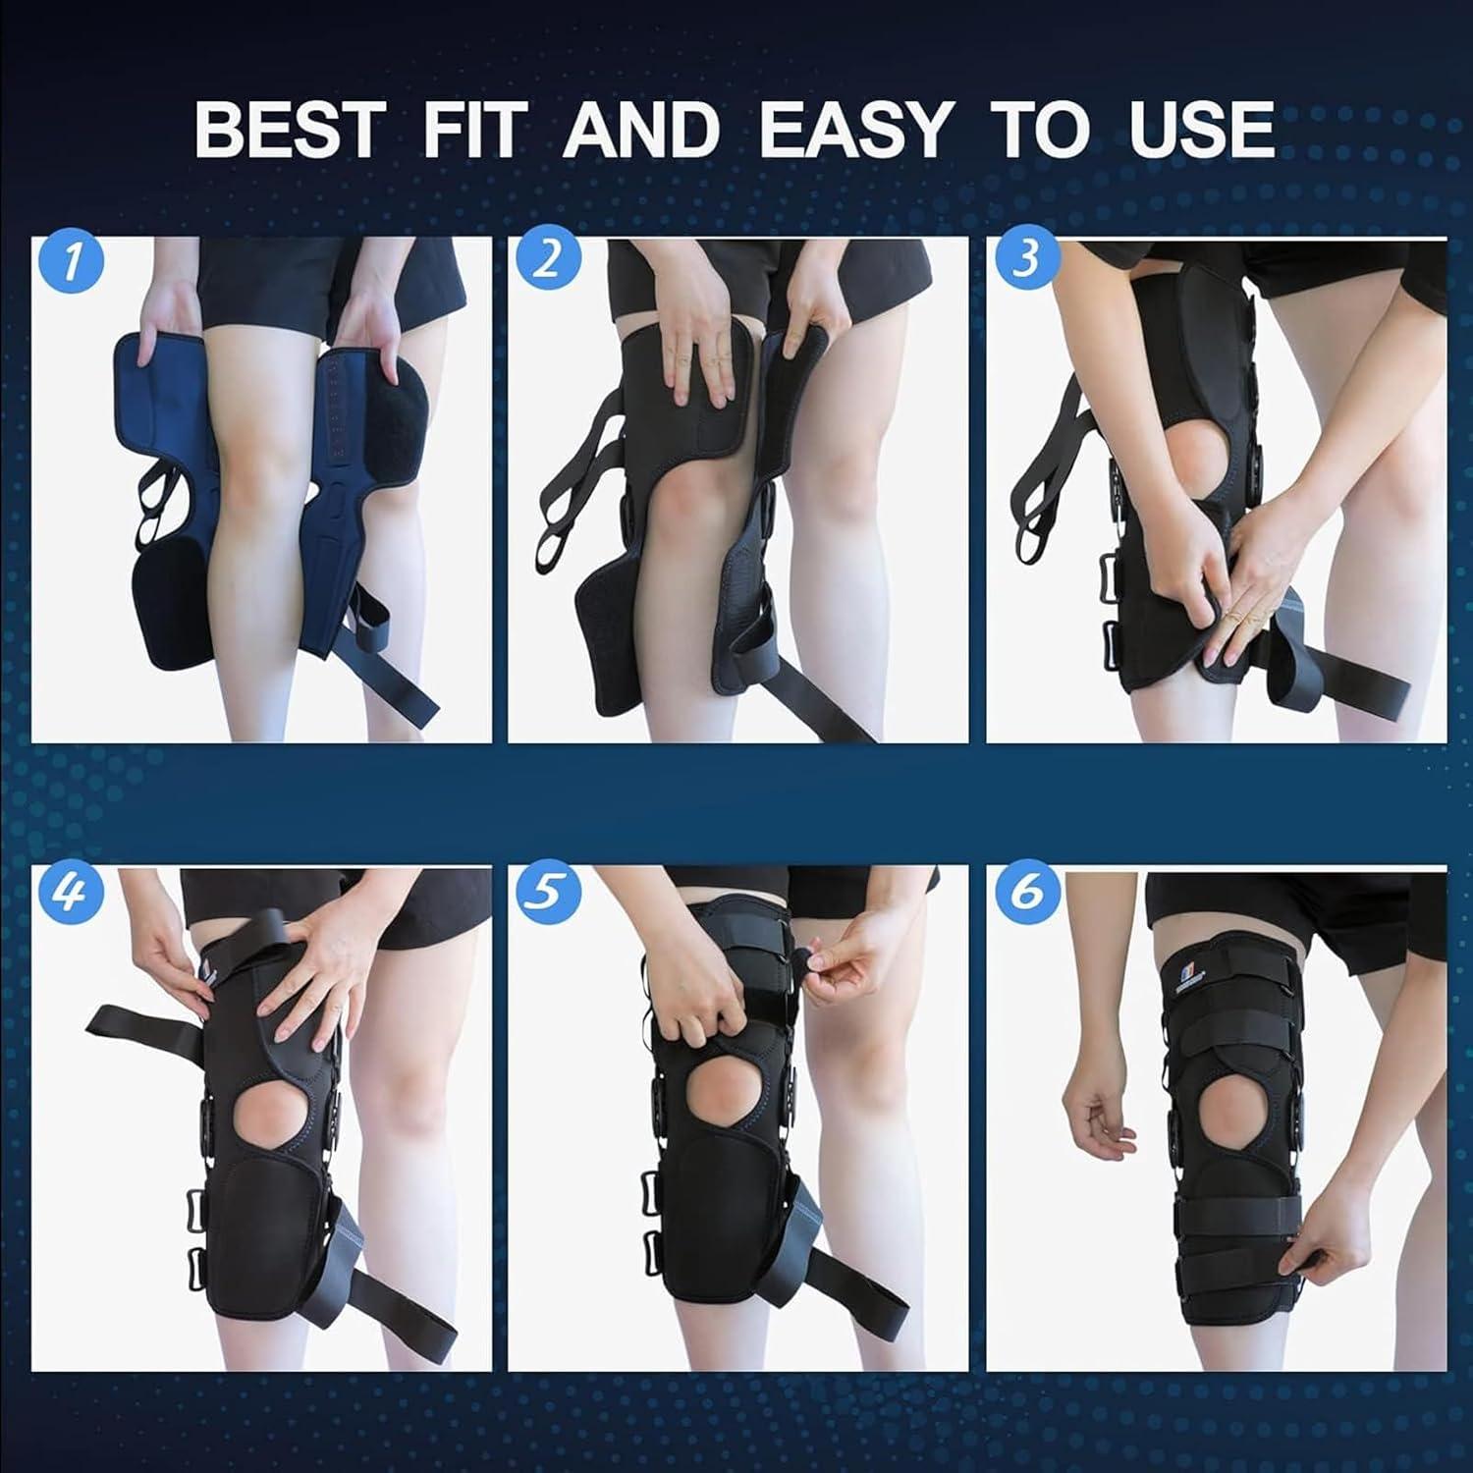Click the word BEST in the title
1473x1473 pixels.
click(x=289, y=130)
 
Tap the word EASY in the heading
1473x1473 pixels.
click(x=855, y=130)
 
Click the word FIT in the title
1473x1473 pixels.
click(x=474, y=130)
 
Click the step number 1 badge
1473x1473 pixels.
click(x=70, y=261)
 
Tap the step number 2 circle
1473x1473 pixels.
click(x=548, y=259)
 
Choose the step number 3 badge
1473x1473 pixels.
click(x=1024, y=259)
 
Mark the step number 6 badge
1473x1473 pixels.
click(x=1026, y=892)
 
